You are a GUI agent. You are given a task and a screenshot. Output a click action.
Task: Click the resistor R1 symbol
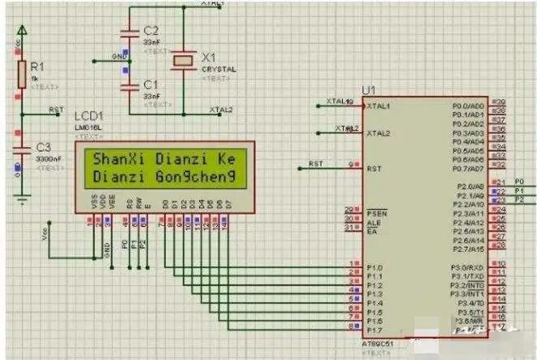[x=23, y=74]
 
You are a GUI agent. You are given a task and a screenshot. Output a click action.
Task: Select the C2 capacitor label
[x=150, y=31]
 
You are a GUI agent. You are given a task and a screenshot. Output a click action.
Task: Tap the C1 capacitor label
[x=150, y=84]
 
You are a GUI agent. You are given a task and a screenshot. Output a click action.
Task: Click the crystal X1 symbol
[x=184, y=59]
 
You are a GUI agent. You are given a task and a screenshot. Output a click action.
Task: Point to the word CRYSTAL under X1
[x=219, y=70]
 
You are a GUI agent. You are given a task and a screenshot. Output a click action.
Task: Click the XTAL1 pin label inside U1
[x=379, y=106]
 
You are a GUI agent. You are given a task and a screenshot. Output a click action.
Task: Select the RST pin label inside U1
[x=375, y=169]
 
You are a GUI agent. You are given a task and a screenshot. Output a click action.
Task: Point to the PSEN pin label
[x=375, y=210]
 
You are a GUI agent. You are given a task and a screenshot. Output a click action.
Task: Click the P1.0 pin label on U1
[x=375, y=267]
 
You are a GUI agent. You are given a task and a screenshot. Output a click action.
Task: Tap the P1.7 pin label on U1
[x=375, y=330]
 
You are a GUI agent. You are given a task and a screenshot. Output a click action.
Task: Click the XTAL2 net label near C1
[x=221, y=110]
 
